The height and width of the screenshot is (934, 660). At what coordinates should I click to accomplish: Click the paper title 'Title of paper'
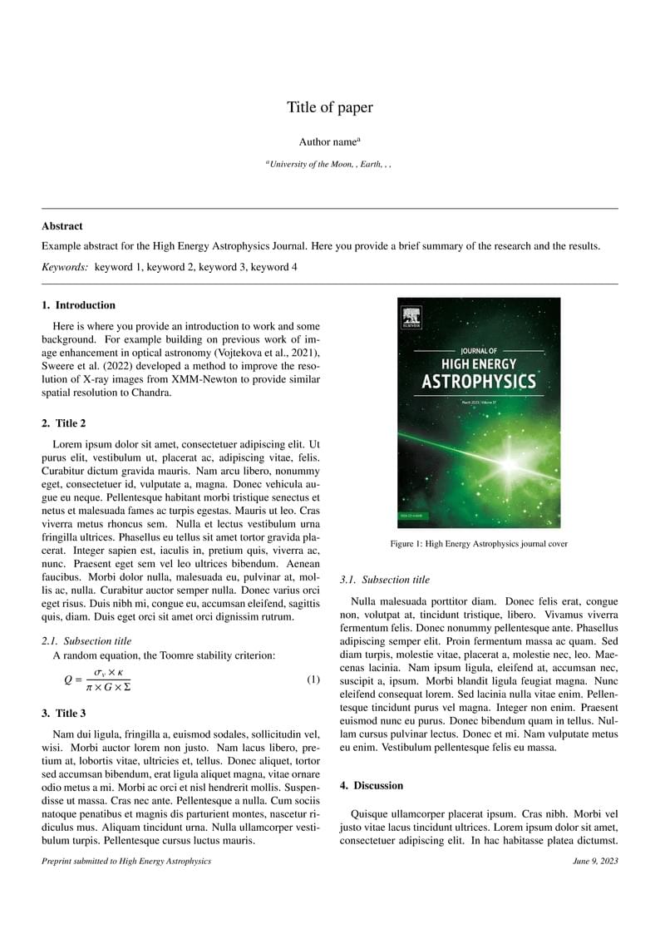click(330, 107)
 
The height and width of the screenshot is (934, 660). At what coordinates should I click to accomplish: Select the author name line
click(329, 142)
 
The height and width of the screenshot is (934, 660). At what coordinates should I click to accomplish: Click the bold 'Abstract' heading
click(62, 225)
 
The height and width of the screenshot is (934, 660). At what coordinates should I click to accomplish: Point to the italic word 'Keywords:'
click(65, 267)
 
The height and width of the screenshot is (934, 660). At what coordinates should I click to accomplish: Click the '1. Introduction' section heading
click(79, 305)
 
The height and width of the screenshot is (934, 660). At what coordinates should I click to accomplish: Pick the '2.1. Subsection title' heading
click(86, 640)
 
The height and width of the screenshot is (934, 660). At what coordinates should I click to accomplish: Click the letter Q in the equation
click(68, 679)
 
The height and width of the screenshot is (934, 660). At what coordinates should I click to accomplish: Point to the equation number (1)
click(313, 679)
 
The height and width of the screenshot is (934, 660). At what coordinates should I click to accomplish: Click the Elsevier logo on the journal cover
click(411, 318)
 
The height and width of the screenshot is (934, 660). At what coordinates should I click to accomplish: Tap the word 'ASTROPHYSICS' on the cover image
click(479, 382)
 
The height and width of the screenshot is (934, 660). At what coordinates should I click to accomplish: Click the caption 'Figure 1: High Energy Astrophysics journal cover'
click(479, 544)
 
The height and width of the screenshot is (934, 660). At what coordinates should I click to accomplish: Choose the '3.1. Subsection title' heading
click(386, 580)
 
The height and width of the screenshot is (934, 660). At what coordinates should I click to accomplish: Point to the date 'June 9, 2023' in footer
click(595, 861)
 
